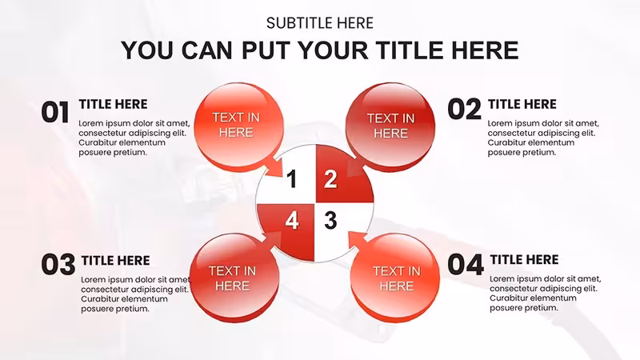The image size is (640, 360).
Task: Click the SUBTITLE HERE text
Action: click(x=319, y=23)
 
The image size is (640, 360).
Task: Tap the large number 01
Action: click(x=55, y=112)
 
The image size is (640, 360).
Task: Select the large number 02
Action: click(x=465, y=110)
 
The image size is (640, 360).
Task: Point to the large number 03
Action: click(x=58, y=265)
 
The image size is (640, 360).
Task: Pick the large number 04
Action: click(x=466, y=265)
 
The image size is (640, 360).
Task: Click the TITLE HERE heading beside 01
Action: click(x=113, y=104)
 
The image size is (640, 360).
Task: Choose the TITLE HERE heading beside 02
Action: click(x=522, y=104)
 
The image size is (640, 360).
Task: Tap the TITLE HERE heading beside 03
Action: click(x=115, y=261)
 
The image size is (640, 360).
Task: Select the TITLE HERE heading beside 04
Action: click(x=525, y=259)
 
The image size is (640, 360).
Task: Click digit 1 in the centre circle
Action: click(x=291, y=179)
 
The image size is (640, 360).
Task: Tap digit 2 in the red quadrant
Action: click(x=330, y=179)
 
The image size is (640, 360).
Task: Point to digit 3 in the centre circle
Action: click(x=330, y=221)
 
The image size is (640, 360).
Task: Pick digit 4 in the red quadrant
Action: click(x=292, y=221)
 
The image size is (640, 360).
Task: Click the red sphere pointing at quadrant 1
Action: click(x=238, y=126)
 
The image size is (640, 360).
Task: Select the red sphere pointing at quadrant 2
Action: click(x=390, y=126)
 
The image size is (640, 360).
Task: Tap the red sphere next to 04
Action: click(x=394, y=278)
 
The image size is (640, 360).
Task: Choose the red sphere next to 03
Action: click(x=234, y=278)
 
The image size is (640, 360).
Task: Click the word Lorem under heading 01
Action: click(x=91, y=123)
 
